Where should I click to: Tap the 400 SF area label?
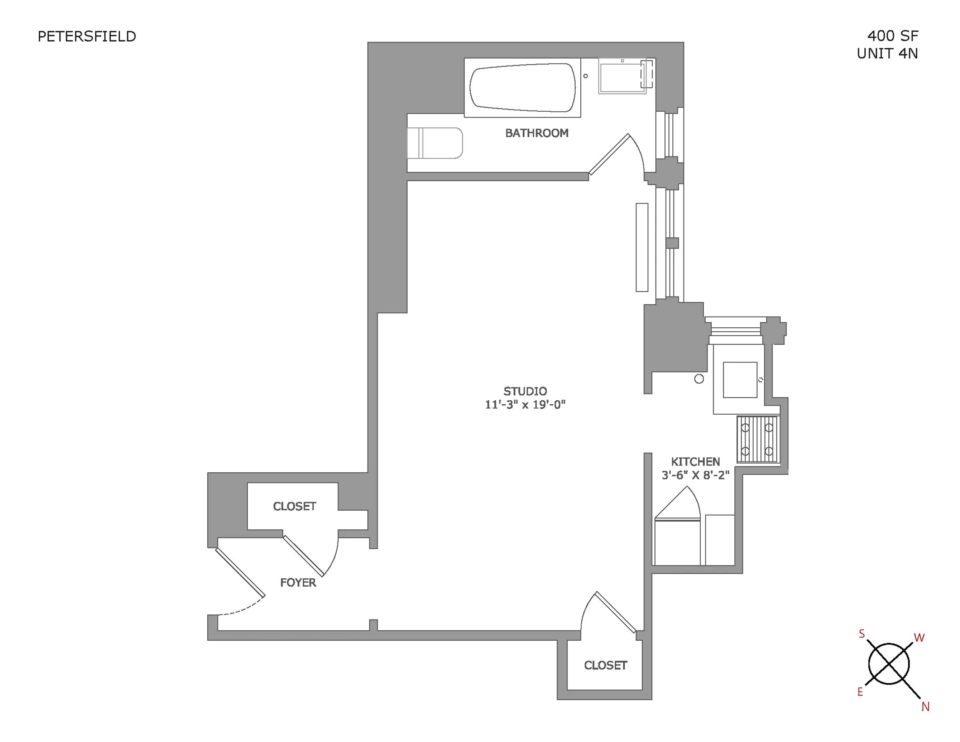coord(892,36)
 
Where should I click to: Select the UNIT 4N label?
coord(887,54)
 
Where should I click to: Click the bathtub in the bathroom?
coord(522,88)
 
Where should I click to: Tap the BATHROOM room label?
coord(536,133)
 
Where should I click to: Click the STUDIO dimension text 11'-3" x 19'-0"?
coord(525,405)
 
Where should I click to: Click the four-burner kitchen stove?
coord(757,439)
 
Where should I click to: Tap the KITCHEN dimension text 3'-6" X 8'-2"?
coord(695,475)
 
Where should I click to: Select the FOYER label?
coord(298,582)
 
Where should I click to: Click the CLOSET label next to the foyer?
coord(294,506)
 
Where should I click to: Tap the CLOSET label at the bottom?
coord(605,665)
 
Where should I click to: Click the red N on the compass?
coord(925,706)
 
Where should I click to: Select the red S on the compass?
coord(862,634)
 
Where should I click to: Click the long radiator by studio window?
coord(642,247)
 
